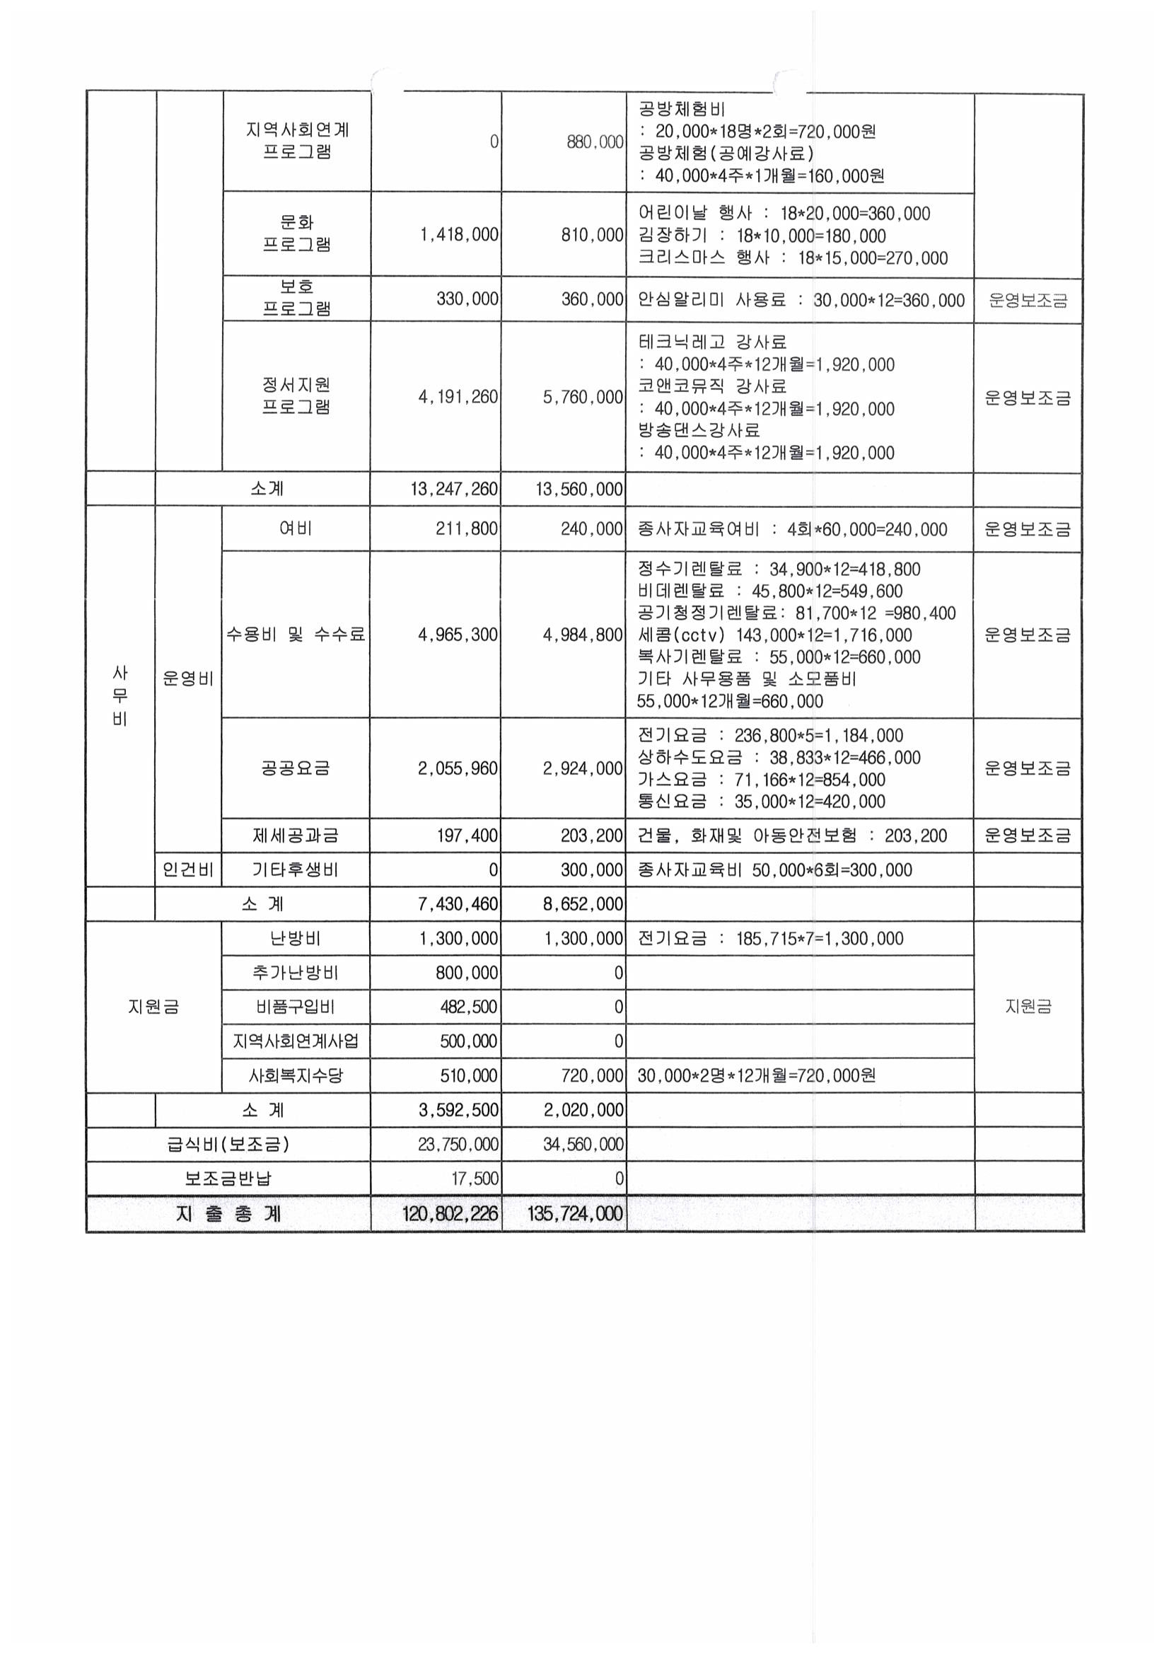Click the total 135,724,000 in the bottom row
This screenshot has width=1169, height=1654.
point(575,1214)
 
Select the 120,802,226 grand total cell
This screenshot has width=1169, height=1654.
point(450,1214)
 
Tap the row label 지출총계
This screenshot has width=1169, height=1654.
point(228,1214)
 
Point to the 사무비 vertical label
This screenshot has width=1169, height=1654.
point(120,696)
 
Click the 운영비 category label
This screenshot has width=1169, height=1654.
point(188,678)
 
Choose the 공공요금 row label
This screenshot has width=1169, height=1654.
point(296,768)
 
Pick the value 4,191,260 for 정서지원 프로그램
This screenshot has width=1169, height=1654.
point(458,397)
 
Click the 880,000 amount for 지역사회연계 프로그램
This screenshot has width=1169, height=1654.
point(594,142)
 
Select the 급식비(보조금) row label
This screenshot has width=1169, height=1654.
point(228,1144)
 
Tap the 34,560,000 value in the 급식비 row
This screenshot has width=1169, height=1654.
point(583,1144)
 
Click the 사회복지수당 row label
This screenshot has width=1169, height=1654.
point(296,1075)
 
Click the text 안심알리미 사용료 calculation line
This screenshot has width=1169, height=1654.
point(801,301)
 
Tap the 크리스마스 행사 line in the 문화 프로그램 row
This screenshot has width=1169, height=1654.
point(792,258)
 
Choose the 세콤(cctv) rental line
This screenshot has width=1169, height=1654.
point(774,635)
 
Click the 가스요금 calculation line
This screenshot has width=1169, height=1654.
point(762,780)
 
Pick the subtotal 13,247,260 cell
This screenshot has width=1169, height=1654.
point(454,489)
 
